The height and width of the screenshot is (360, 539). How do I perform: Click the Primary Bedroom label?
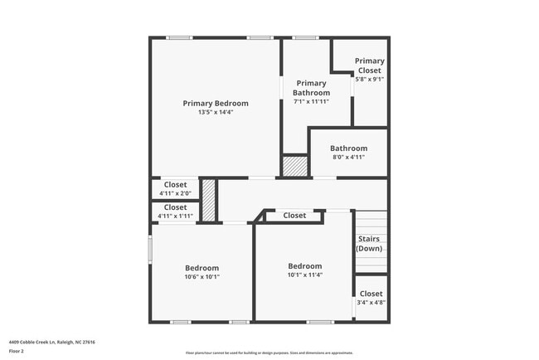(216, 104)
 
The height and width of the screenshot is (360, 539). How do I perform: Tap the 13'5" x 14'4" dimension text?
(216, 113)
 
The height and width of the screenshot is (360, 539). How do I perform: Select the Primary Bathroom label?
(312, 88)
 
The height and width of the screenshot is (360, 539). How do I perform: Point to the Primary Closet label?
(370, 66)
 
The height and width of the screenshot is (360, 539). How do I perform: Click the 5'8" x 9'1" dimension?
(370, 80)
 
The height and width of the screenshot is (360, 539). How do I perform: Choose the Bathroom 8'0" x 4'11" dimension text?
(348, 158)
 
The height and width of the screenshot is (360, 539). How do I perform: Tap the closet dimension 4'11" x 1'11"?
(175, 216)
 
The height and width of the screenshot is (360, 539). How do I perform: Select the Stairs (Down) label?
(369, 244)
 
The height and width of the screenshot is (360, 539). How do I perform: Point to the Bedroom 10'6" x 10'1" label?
(202, 268)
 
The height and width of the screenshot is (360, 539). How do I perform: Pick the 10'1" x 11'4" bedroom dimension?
(304, 275)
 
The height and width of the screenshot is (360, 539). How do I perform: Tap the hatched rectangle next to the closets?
(210, 200)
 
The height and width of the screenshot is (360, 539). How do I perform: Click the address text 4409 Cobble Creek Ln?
(52, 342)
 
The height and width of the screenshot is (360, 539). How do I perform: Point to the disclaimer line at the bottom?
(269, 353)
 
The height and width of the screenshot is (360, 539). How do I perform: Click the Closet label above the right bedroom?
(294, 216)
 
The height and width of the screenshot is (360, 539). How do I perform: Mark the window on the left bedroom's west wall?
(150, 249)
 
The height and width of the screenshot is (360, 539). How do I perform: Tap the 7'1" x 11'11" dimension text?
(312, 102)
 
